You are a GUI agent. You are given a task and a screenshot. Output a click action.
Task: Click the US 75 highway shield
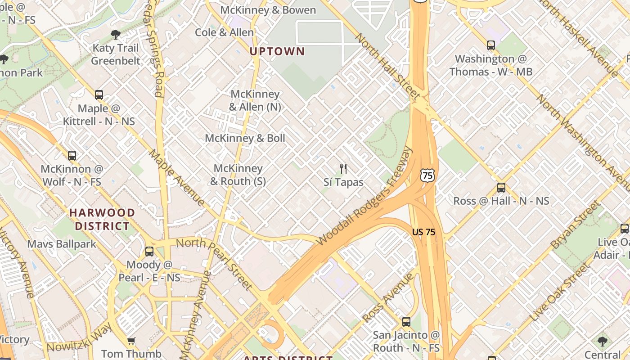428,175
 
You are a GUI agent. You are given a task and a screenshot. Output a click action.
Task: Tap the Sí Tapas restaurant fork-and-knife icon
343,169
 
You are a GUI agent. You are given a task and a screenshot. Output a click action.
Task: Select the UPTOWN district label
277,51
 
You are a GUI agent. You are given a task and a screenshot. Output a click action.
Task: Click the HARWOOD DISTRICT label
102,219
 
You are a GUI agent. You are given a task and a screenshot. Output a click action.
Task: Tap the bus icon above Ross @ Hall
501,188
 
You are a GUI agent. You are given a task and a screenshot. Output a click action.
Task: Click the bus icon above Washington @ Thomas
490,45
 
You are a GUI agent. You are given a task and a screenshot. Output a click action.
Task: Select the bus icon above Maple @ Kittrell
99,95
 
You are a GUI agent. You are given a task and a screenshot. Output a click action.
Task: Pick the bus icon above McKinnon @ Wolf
72,156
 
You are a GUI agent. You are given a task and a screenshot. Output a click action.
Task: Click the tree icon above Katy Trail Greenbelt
116,34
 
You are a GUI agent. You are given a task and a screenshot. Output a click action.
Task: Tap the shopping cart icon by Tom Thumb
131,341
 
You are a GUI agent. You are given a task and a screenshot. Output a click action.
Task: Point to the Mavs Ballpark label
62,244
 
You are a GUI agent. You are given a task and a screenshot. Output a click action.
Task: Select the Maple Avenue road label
177,178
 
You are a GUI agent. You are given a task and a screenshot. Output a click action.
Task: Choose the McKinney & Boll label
245,138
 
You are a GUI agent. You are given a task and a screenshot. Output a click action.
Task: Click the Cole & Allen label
224,32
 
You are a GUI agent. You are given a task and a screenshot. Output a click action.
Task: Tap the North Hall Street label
388,66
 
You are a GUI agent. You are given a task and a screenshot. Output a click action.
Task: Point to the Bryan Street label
575,225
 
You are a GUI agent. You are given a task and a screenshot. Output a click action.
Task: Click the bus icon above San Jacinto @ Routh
406,322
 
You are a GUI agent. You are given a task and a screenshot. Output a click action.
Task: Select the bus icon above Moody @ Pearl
149,252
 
